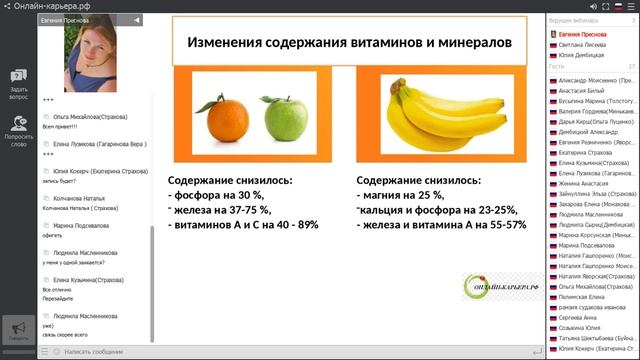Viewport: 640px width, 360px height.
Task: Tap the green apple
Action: pos(279,119)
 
